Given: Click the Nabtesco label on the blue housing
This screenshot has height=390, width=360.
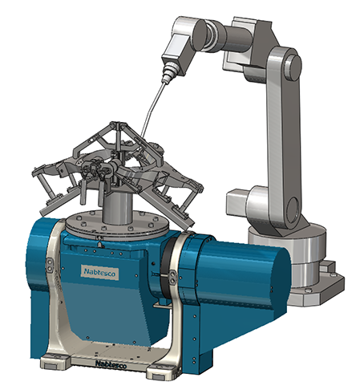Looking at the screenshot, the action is (99, 272).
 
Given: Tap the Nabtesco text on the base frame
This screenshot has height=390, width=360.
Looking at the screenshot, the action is (111, 364).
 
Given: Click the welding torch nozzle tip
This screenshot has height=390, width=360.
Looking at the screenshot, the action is (164, 79).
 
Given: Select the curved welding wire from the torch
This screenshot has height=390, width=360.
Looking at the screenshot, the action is (152, 108).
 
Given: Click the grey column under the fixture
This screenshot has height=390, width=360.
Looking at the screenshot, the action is (117, 208).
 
